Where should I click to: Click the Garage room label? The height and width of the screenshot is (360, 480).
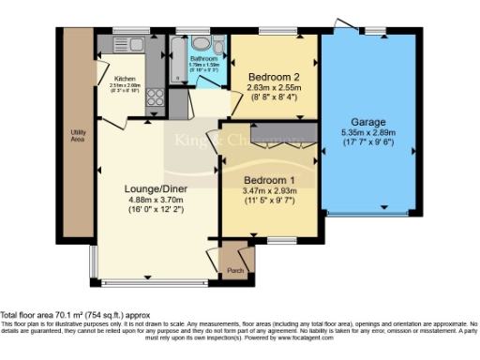click(x=367, y=122)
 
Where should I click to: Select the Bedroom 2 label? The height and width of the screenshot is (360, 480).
click(x=272, y=77)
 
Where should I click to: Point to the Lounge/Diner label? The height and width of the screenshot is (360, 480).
click(x=157, y=188)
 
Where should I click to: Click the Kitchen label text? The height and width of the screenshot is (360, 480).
click(x=126, y=78)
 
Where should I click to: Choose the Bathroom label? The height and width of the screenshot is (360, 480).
click(x=202, y=59)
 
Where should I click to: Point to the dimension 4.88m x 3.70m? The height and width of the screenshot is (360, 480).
click(x=157, y=199)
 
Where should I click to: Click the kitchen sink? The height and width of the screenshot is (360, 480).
click(x=121, y=44)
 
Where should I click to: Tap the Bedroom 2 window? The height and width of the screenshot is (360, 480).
click(x=273, y=32)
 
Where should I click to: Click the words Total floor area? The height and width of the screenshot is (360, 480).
click(x=27, y=315)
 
